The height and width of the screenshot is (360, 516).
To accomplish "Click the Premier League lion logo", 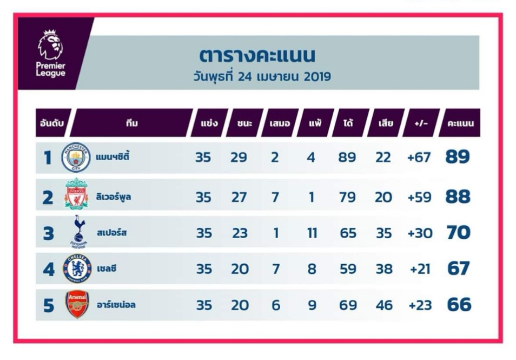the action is (50, 44).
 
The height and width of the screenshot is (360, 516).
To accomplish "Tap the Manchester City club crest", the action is (76, 158).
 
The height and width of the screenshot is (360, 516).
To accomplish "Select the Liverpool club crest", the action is (76, 194).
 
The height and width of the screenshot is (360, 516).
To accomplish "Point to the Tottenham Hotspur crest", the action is (78, 232).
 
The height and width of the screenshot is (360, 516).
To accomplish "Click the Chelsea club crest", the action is (77, 269).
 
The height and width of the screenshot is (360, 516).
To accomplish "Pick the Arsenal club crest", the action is (77, 304).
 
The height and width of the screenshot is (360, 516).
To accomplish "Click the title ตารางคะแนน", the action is (257, 55).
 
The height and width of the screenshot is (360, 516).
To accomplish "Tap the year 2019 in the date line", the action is (317, 77).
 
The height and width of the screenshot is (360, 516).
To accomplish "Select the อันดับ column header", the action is (52, 123).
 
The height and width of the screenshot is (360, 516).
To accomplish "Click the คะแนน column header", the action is (460, 123).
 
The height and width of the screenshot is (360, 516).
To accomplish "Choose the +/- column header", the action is (421, 123).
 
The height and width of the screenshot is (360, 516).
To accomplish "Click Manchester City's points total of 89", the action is (458, 157).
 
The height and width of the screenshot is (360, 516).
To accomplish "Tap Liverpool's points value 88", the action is (458, 197).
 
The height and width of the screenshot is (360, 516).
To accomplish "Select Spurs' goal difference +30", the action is (420, 233).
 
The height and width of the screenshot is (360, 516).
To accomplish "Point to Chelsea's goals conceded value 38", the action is (384, 269).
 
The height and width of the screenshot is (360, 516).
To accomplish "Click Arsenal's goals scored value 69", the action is (348, 305).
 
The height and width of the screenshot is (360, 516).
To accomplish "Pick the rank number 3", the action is (48, 233).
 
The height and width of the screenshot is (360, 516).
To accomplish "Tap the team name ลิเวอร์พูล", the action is (114, 197).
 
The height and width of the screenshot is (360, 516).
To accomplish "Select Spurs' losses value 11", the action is (312, 233).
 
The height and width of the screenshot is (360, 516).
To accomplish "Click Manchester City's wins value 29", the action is (239, 158).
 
